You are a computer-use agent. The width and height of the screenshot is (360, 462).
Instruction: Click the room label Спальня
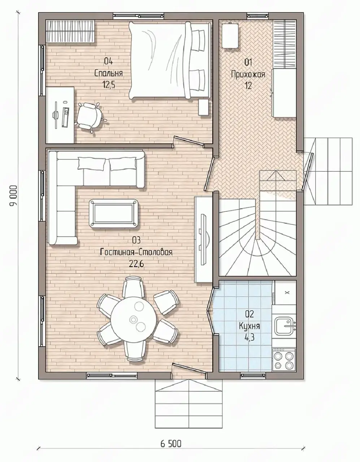point(108,73)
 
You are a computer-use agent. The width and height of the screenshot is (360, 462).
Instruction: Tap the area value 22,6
point(136,264)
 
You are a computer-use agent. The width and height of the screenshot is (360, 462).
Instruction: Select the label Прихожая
point(248,74)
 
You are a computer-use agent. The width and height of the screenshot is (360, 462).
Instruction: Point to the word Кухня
point(250,326)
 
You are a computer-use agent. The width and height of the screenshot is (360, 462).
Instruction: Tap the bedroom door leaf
point(188,141)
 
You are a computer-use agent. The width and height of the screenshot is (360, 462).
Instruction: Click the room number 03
point(136,240)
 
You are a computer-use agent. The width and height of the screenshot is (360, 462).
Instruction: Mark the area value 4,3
point(250,337)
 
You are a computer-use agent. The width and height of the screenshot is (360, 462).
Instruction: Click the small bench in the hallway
point(230,36)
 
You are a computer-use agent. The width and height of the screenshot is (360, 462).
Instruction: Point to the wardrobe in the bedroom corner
point(70,31)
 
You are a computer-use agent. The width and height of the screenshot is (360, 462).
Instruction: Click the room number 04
point(108,62)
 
